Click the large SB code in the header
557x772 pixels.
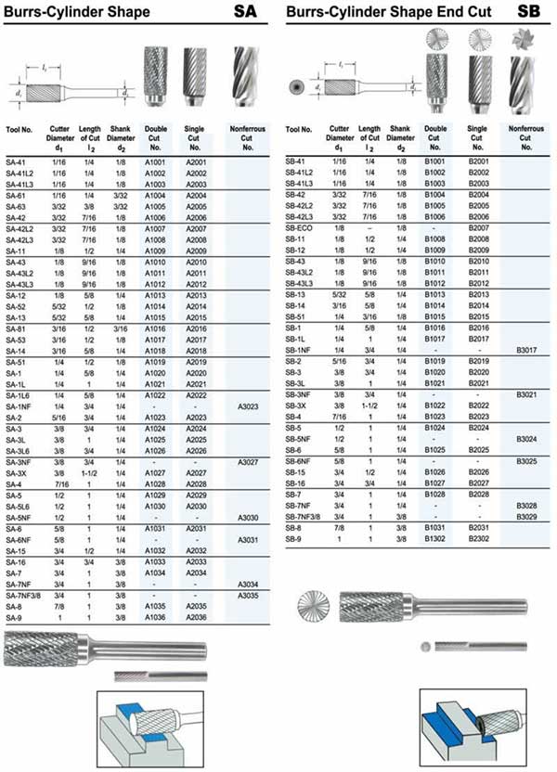(529, 12)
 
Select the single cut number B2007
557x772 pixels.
(478, 227)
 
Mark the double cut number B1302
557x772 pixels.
(434, 538)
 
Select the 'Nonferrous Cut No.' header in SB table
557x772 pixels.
(526, 138)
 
